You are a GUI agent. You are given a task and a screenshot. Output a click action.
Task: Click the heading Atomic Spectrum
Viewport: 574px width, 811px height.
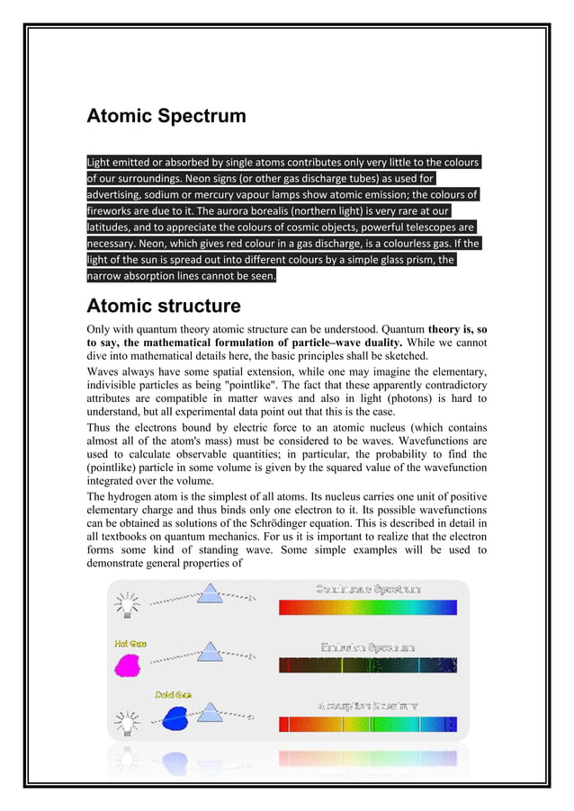[166, 116]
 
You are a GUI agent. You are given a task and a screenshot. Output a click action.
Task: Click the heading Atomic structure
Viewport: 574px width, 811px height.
[163, 306]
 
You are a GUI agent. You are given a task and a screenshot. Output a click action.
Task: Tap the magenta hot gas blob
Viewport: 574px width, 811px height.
[129, 664]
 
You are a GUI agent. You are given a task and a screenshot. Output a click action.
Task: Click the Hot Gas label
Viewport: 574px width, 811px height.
[130, 644]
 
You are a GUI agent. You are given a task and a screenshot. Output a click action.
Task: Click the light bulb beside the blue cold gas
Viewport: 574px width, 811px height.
[125, 720]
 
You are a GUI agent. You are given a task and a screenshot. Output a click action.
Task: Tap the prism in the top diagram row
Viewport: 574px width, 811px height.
[210, 593]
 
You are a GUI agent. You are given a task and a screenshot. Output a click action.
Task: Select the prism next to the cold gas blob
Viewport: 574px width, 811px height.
[210, 713]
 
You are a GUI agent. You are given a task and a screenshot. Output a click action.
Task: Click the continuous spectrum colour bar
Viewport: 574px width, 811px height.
[367, 608]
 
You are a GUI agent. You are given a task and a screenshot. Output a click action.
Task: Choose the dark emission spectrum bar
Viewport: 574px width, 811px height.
[367, 665]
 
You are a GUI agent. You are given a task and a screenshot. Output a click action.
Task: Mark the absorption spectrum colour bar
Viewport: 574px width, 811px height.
[367, 724]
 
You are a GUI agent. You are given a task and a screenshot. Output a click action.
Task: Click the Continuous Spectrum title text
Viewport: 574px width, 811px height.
[367, 589]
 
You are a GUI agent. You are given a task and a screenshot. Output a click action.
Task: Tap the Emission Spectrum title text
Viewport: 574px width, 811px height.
[367, 647]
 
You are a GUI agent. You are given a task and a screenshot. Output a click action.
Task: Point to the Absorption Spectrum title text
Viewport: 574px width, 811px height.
[367, 706]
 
